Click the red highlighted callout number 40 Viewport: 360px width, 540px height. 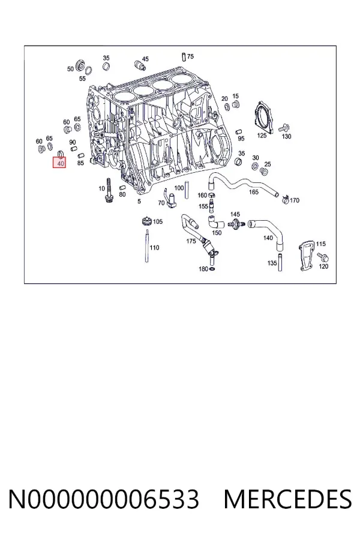[x=61, y=163]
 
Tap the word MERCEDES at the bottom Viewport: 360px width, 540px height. [x=287, y=499]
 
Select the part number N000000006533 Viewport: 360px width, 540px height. [x=104, y=499]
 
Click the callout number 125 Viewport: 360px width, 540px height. [x=262, y=136]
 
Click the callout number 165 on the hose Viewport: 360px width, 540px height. [x=254, y=192]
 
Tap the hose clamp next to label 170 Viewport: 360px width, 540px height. [x=285, y=199]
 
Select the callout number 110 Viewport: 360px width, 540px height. [x=154, y=248]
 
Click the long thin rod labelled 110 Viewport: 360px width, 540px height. [x=147, y=246]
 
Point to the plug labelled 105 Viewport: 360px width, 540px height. [x=147, y=221]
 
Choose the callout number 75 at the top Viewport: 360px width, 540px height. [x=191, y=56]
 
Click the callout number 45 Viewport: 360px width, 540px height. [x=145, y=59]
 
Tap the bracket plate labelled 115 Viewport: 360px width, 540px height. [x=305, y=256]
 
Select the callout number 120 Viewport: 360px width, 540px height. [x=323, y=266]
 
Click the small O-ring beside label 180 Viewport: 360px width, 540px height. [x=212, y=269]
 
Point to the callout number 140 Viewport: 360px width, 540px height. [x=268, y=238]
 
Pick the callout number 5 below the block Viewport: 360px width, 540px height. [x=139, y=201]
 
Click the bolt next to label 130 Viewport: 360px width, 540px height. [x=284, y=128]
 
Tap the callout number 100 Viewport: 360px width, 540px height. [x=179, y=188]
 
